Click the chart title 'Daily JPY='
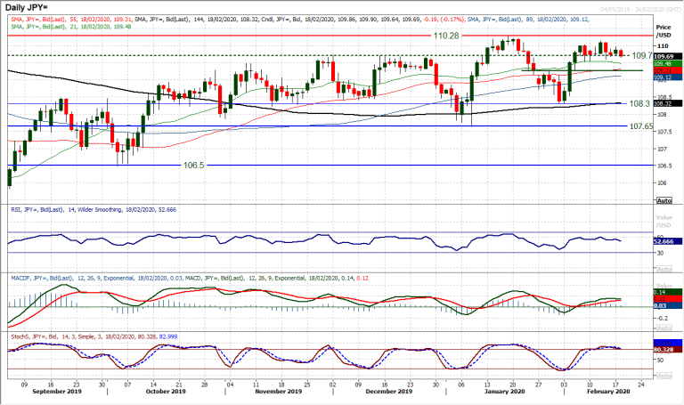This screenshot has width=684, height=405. (26, 9)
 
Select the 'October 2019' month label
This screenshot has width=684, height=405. (165, 391)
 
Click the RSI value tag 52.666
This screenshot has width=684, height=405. (666, 241)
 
